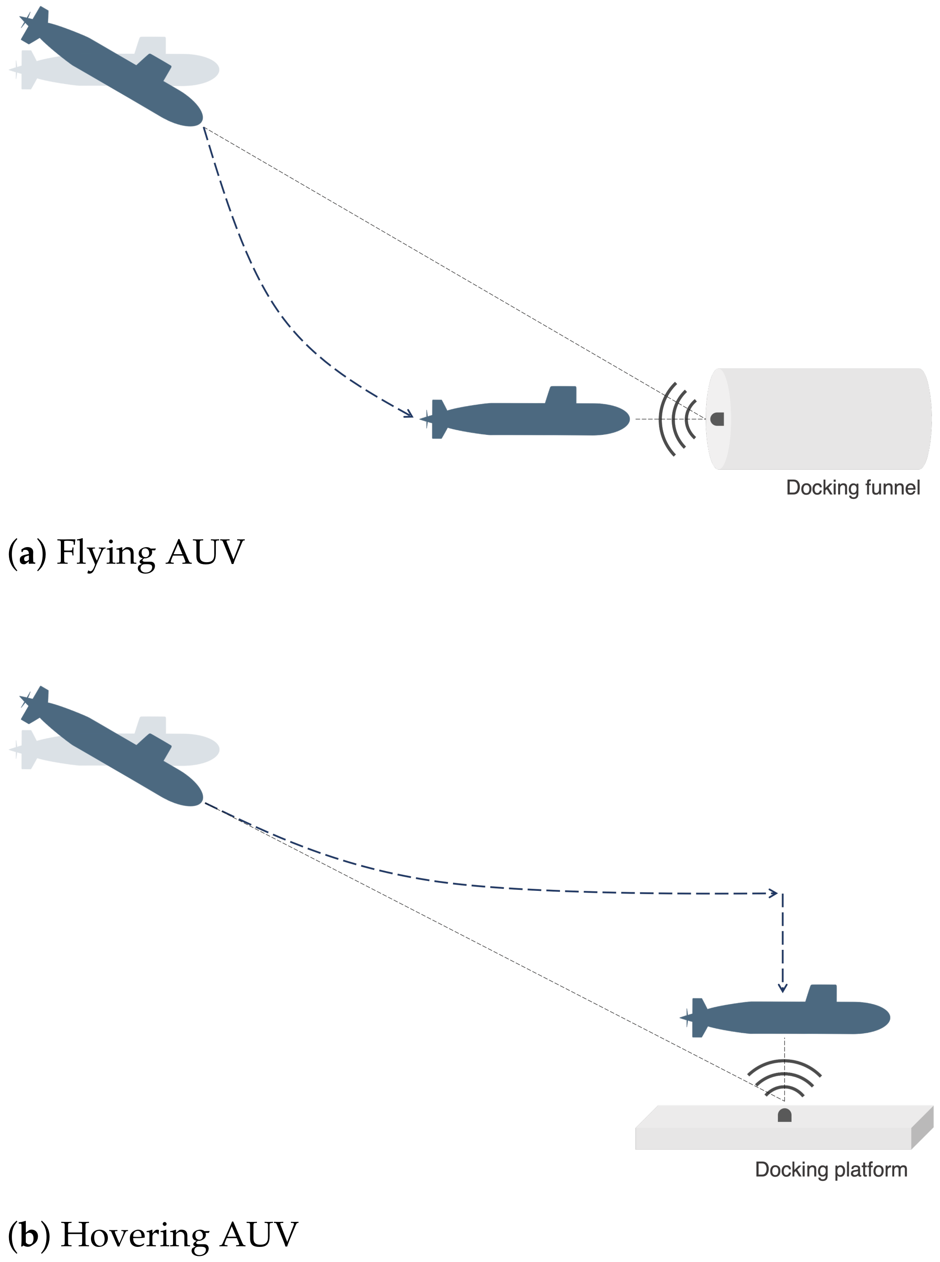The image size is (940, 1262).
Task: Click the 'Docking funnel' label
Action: point(852,488)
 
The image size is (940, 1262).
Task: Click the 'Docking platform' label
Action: point(831,1169)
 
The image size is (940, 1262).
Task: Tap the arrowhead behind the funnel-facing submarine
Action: point(408,414)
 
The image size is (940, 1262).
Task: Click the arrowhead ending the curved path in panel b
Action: point(773,893)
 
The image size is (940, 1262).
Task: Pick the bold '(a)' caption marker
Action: point(27,553)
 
